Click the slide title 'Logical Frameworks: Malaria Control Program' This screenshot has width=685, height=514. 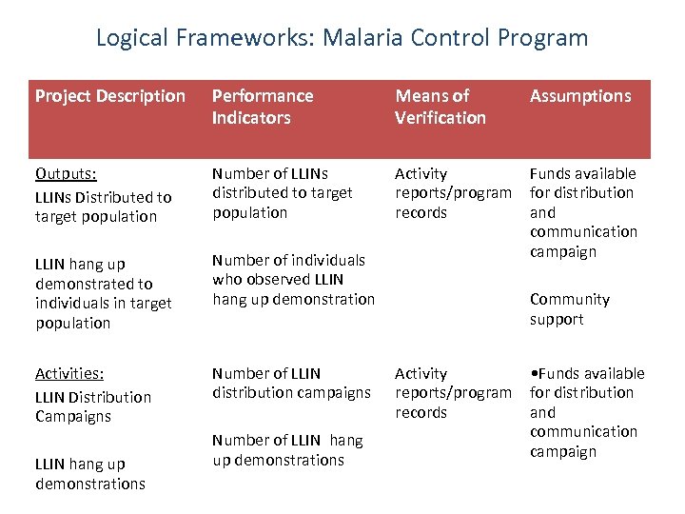click(342, 38)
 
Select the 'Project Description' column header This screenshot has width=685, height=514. click(110, 96)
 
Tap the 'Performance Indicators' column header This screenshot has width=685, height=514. click(263, 107)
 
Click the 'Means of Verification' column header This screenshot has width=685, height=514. click(440, 107)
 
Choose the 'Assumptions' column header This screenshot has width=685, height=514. click(580, 96)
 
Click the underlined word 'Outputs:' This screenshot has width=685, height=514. click(66, 173)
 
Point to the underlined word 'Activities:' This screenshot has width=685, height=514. click(69, 373)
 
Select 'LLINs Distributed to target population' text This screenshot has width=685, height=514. click(103, 207)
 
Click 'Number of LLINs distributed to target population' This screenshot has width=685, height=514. click(282, 193)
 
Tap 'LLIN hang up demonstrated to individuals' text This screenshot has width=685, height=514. click(103, 293)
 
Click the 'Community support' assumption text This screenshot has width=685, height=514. click(569, 309)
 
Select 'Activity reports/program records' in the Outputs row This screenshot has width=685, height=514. click(453, 193)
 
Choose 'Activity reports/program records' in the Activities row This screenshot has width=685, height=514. click(453, 393)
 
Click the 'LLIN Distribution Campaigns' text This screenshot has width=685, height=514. click(93, 406)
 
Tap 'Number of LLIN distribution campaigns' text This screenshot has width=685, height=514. click(291, 384)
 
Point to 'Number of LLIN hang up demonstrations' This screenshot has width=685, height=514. click(287, 450)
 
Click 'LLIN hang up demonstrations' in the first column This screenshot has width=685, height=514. click(90, 474)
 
